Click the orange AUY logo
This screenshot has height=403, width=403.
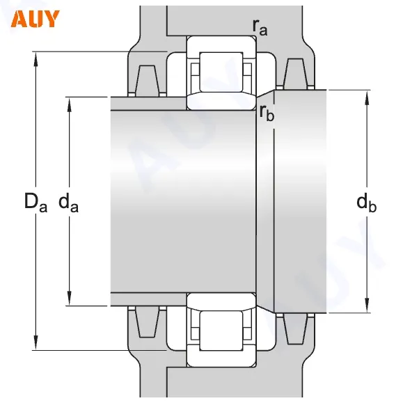coord(35,19)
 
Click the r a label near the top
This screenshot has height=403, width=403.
coord(260,27)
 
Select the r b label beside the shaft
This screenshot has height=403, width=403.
coord(267,113)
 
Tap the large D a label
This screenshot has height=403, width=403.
coord(35,202)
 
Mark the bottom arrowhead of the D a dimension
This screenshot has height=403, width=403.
coord(35,345)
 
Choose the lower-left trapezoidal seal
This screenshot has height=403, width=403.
coord(148,325)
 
